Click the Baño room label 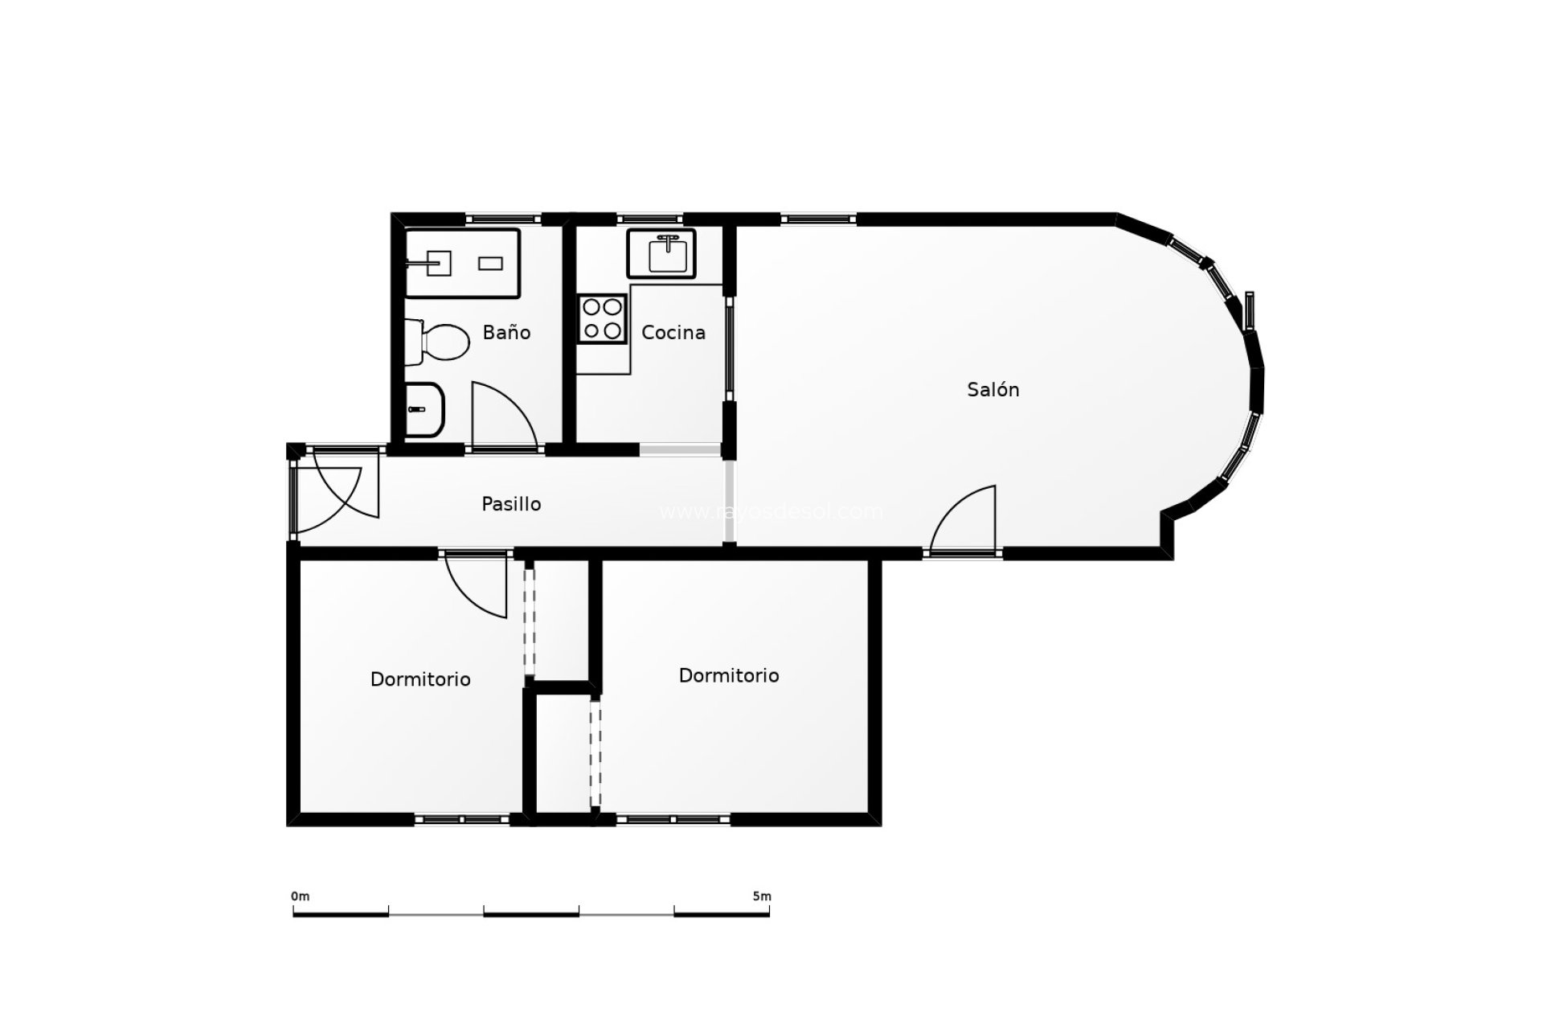point(506,332)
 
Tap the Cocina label point(673,332)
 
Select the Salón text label point(993,390)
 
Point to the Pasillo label point(511,504)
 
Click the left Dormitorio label point(420,679)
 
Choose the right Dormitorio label point(729,675)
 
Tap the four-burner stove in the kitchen point(602,318)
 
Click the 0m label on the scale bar point(300,896)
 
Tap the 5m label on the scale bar point(762,896)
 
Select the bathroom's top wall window point(503,219)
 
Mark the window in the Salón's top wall point(818,218)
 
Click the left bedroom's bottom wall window point(462,819)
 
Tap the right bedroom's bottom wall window point(673,819)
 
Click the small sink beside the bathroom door point(424,409)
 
